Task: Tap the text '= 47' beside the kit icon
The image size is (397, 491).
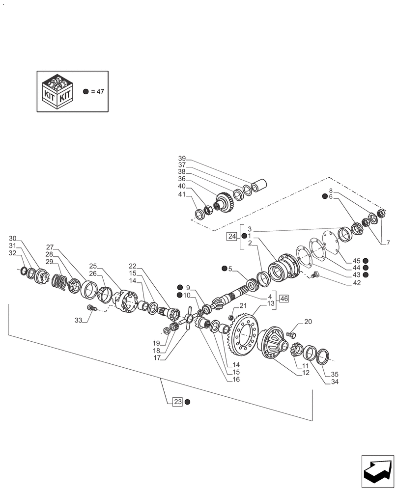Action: (97, 92)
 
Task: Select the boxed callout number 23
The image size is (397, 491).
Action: (177, 402)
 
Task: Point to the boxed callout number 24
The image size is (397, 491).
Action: (232, 237)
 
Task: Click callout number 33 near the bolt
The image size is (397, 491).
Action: (79, 321)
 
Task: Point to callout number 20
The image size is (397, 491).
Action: (308, 322)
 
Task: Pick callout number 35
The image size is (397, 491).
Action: (335, 374)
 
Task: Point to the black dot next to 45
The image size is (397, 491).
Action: (366, 260)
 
